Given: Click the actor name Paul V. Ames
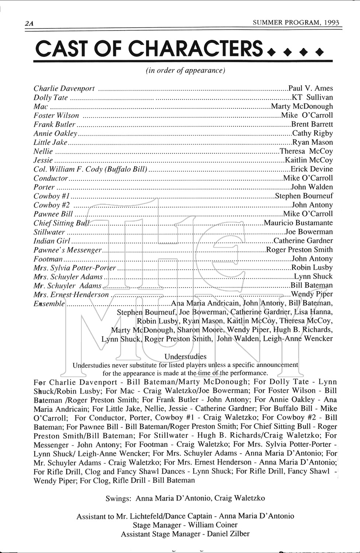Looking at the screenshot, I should click(x=311, y=88).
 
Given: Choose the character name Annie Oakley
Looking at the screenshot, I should click(x=55, y=133).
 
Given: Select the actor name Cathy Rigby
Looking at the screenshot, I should click(x=312, y=133).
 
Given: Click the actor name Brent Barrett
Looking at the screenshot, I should click(x=312, y=124).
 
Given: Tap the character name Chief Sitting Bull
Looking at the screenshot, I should click(x=62, y=223).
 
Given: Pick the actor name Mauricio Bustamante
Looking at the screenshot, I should click(x=298, y=223).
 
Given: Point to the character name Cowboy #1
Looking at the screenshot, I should click(x=52, y=196).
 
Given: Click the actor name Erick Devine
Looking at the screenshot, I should click(x=312, y=169).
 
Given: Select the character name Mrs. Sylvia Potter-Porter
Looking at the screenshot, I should click(x=74, y=268).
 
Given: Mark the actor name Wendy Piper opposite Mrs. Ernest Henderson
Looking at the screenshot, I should click(x=312, y=294).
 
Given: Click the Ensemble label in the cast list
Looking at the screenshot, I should click(x=49, y=304).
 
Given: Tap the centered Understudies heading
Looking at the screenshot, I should click(x=185, y=357).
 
